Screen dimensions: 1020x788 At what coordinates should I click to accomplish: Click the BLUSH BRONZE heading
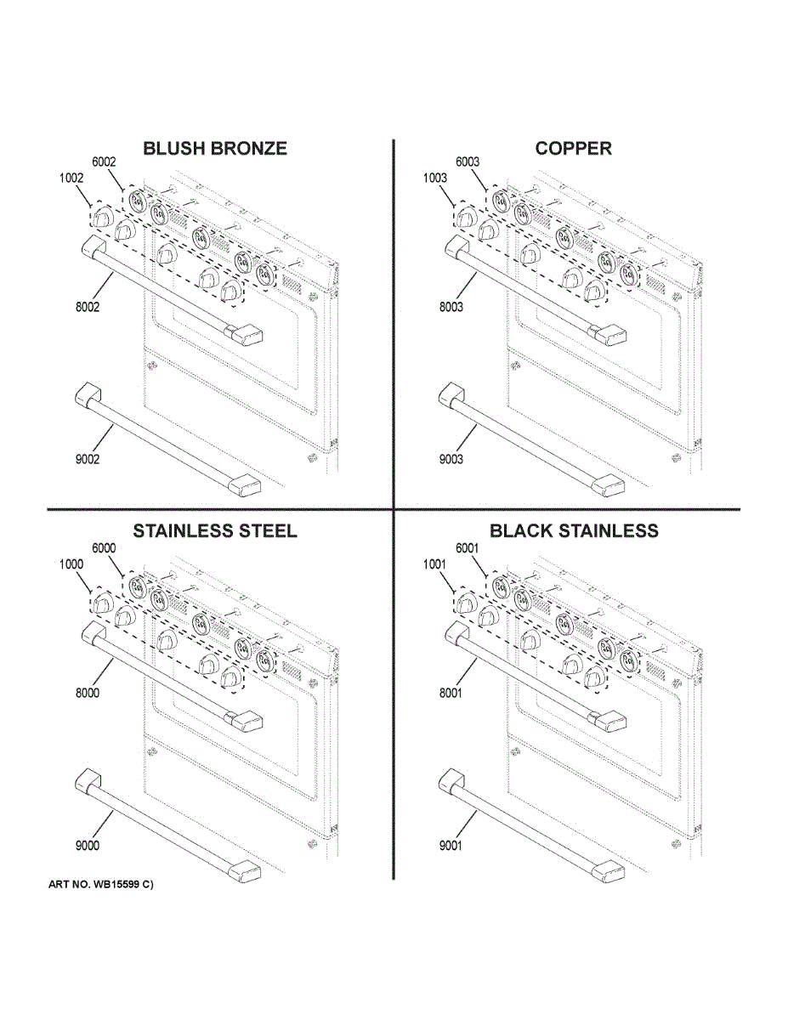point(215,149)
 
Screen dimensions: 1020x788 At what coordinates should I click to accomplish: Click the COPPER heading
point(573,149)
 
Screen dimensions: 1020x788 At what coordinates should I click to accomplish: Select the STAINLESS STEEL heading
point(215,531)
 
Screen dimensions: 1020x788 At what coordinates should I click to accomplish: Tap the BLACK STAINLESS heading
point(574,531)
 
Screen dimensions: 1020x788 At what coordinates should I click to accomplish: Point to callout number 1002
point(71,178)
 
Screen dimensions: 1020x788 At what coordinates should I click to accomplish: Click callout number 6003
point(468,162)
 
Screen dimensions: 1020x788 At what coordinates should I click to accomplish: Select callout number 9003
point(451,460)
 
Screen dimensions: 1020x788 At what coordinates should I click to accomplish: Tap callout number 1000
point(71,564)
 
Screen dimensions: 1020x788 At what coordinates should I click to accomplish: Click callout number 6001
point(468,549)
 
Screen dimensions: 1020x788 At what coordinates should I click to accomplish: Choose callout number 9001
point(451,845)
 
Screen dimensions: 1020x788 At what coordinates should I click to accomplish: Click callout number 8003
point(451,307)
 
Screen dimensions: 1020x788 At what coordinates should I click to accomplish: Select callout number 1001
point(435,564)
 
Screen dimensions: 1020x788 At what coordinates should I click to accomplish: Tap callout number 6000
point(103,549)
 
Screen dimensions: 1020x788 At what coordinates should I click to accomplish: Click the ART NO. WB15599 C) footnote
point(101,885)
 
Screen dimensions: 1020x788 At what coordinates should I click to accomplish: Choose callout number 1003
point(435,178)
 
